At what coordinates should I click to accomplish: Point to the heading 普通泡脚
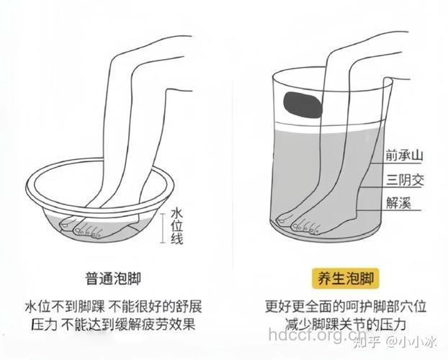pyautogui.click(x=112, y=277)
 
